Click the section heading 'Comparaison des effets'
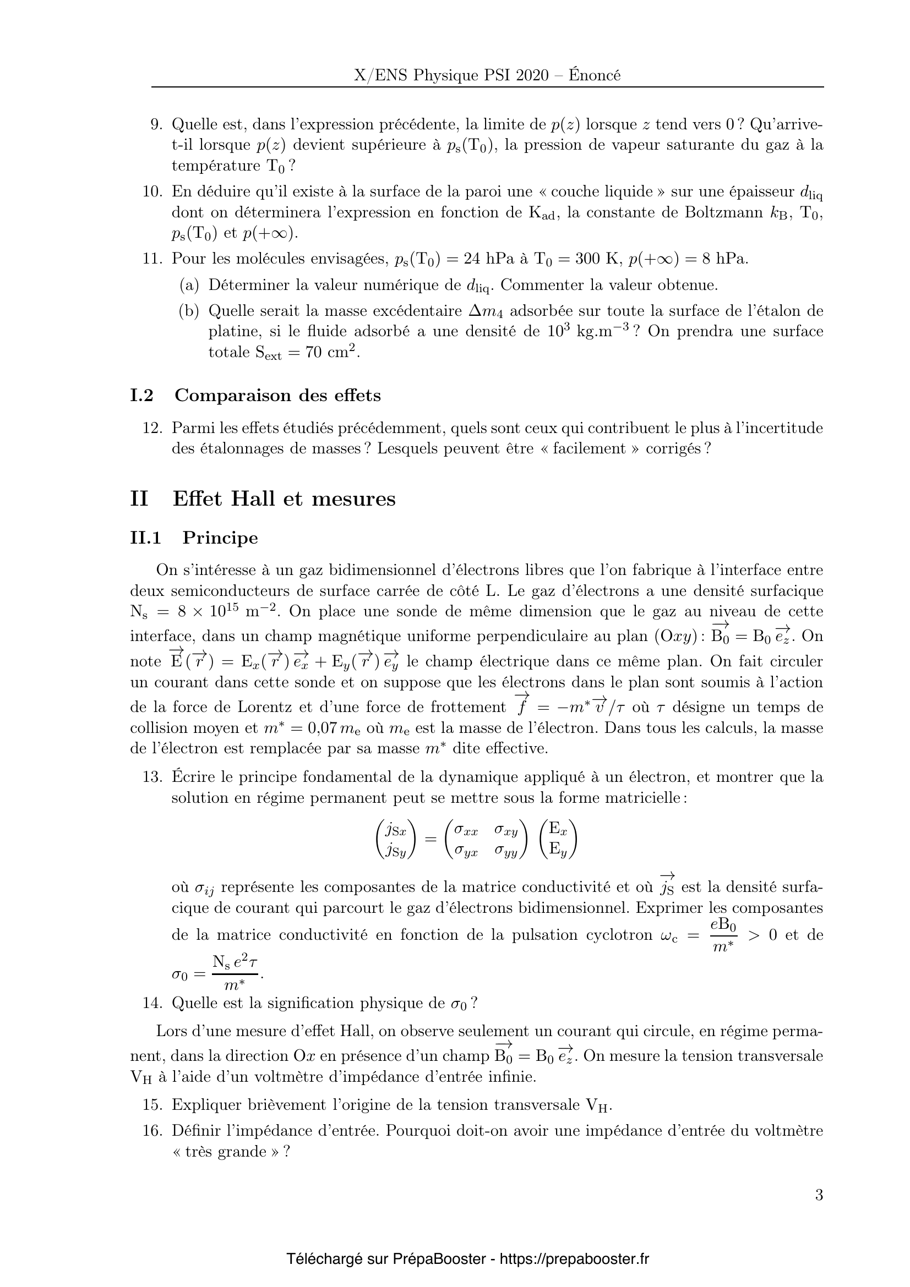click(x=277, y=396)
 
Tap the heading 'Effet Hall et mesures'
click(x=284, y=499)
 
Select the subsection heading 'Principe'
click(x=220, y=538)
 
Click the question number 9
click(x=156, y=124)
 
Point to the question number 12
click(x=152, y=428)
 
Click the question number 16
click(x=152, y=1131)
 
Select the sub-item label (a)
click(x=189, y=286)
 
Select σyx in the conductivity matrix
click(x=466, y=851)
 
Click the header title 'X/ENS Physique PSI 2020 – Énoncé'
click(x=487, y=75)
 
